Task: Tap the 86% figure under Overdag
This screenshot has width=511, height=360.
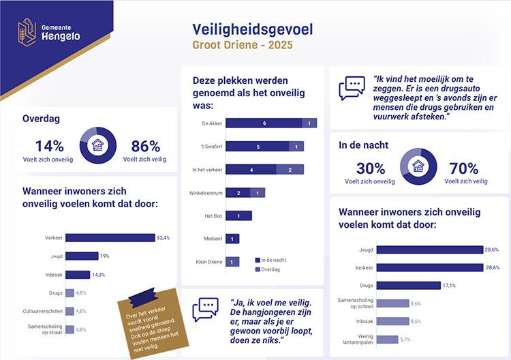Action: pyautogui.click(x=145, y=145)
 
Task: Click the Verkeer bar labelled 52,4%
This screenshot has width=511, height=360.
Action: pyautogui.click(x=110, y=237)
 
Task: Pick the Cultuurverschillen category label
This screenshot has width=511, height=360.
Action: pyautogui.click(x=40, y=311)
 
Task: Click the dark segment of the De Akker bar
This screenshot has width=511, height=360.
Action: pyautogui.click(x=264, y=123)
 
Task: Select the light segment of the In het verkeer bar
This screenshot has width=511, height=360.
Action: pyautogui.click(x=290, y=169)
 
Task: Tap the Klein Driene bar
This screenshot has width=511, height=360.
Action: pyautogui.click(x=232, y=262)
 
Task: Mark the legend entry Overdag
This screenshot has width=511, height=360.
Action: pyautogui.click(x=272, y=269)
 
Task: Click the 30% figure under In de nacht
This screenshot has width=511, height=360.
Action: pyautogui.click(x=370, y=168)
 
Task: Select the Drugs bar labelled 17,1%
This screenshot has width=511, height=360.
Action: pyautogui.click(x=403, y=285)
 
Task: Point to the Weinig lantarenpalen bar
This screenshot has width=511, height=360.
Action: pyautogui.click(x=387, y=339)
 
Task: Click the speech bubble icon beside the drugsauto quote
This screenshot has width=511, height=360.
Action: pyautogui.click(x=352, y=88)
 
